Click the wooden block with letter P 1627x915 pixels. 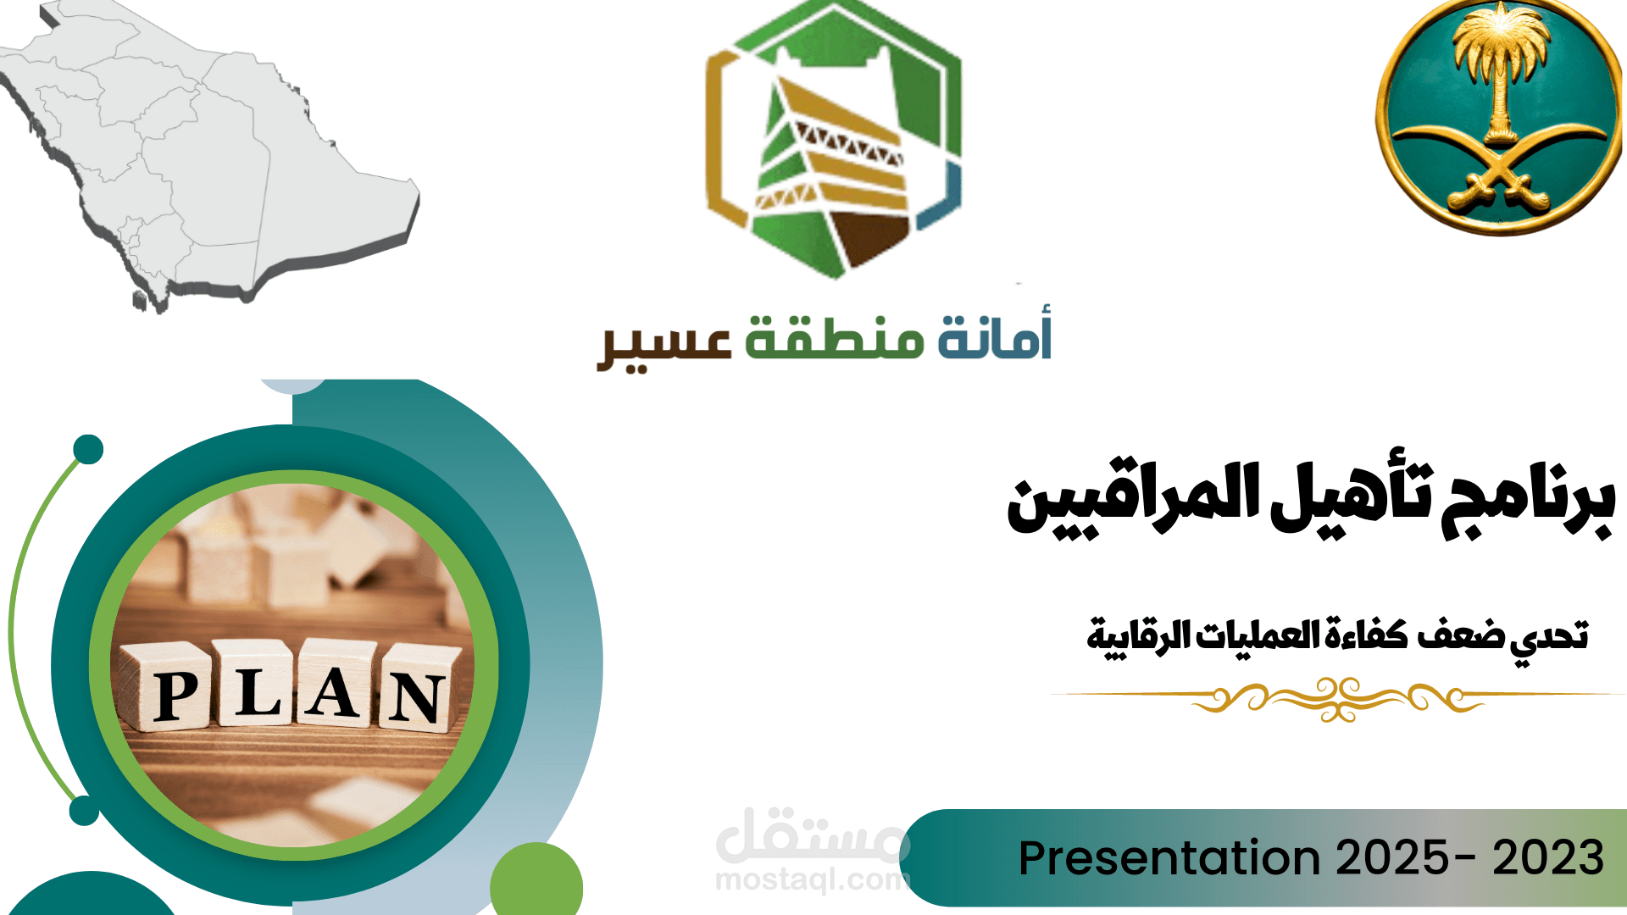(x=174, y=690)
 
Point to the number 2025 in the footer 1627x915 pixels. (x=1391, y=857)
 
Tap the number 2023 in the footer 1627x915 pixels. (x=1548, y=857)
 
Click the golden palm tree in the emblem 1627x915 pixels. (x=1501, y=68)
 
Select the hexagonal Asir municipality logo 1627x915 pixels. (x=834, y=140)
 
